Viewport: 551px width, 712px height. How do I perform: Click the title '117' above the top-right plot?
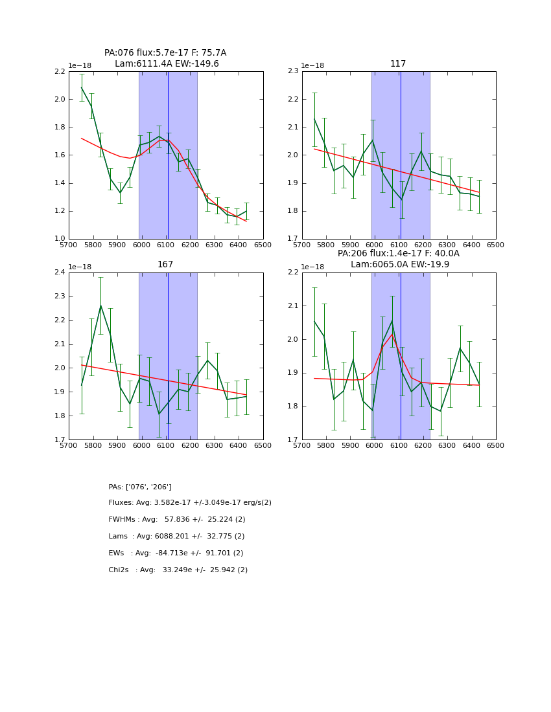click(398, 64)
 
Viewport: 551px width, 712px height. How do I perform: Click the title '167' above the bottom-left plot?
click(165, 265)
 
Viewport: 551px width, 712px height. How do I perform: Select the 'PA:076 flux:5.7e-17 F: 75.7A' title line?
click(165, 53)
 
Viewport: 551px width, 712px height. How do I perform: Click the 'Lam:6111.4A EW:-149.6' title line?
click(167, 64)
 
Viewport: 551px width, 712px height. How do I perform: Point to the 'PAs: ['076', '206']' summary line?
click(140, 487)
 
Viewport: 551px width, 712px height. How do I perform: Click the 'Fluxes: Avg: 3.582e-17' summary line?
click(190, 503)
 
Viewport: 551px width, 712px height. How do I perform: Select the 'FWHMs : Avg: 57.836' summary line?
click(177, 520)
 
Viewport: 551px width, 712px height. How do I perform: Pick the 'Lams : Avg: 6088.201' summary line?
click(176, 537)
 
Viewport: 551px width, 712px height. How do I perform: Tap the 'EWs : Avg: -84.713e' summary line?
click(176, 553)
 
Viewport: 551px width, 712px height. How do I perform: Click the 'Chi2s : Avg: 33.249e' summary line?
click(178, 570)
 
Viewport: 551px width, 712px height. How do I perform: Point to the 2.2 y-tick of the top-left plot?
click(59, 72)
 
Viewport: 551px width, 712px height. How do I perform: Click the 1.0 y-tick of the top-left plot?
click(59, 239)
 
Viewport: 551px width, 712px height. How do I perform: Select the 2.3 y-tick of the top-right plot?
click(292, 72)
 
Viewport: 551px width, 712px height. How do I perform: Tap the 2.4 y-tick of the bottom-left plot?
click(59, 273)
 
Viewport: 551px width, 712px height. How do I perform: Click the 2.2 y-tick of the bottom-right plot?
click(292, 273)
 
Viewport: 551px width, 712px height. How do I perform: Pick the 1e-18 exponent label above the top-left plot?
click(80, 66)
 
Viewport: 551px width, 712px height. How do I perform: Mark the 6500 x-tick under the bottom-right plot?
click(496, 445)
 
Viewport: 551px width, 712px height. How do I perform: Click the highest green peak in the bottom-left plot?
click(100, 306)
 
